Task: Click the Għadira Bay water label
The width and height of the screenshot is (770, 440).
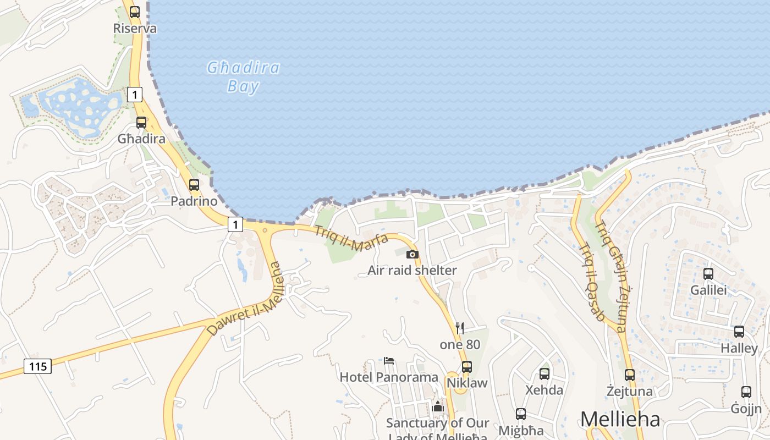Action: [x=243, y=76]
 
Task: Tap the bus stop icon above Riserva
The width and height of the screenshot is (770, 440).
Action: [x=135, y=12]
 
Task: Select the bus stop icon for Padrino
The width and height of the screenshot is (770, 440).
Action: [x=194, y=185]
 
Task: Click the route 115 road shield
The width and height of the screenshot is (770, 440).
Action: [x=37, y=366]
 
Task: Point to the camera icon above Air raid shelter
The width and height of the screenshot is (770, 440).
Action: [x=412, y=254]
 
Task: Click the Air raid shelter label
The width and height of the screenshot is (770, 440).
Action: [x=412, y=270]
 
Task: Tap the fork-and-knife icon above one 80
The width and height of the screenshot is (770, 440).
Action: [x=460, y=328]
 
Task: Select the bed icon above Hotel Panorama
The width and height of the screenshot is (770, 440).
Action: [x=389, y=361]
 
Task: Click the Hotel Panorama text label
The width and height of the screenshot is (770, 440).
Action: [x=389, y=377]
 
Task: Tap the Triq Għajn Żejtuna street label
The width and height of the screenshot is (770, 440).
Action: [x=612, y=276]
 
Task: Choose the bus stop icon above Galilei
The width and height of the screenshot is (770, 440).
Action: [x=708, y=273]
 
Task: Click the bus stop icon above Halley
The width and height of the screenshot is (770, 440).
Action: [x=739, y=332]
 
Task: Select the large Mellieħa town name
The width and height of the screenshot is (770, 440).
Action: [x=620, y=420]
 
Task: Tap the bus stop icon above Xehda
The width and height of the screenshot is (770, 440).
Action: [x=544, y=373]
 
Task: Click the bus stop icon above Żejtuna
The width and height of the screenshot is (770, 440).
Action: [x=630, y=375]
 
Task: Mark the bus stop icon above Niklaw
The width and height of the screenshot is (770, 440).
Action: [x=467, y=366]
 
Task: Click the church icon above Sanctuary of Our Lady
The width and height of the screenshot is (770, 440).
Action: [x=438, y=406]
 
